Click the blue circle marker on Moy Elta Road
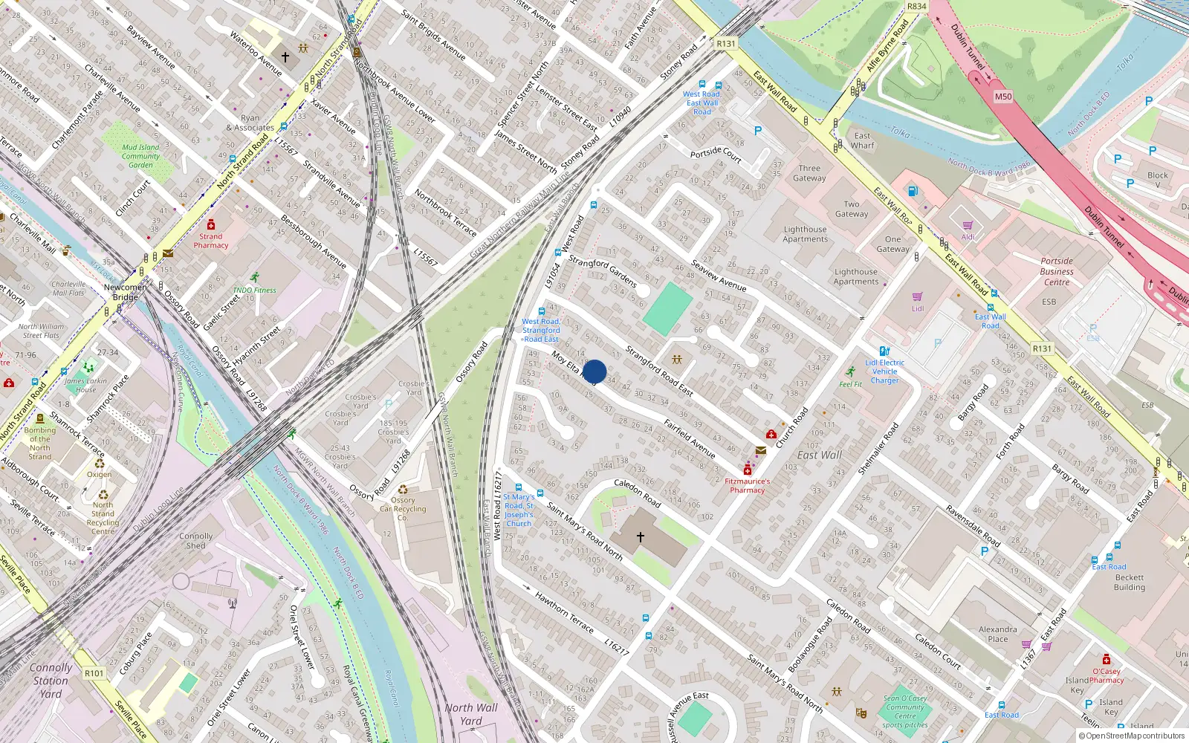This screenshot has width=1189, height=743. click(x=594, y=371)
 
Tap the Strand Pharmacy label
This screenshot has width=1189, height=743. click(x=211, y=241)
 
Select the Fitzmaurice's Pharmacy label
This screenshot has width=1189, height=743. click(x=748, y=485)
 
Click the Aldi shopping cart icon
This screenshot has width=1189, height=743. click(x=968, y=225)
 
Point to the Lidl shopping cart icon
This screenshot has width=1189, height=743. click(x=918, y=296)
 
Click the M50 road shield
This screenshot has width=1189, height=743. click(x=1003, y=97)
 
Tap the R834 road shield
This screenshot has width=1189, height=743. click(x=917, y=7)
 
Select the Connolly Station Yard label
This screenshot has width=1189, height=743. click(x=51, y=681)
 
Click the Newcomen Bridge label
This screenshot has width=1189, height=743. click(x=125, y=292)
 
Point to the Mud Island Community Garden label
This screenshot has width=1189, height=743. click(x=140, y=156)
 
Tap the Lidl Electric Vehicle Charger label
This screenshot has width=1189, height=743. click(x=884, y=371)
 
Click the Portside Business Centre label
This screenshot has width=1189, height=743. click(x=1057, y=271)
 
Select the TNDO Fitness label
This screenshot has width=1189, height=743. click(x=254, y=291)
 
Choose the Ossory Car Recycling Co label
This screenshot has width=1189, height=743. click(x=403, y=509)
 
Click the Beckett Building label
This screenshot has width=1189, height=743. click(x=1130, y=582)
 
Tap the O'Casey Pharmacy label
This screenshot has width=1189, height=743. click(x=1107, y=675)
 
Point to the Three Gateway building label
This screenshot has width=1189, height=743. click(x=809, y=173)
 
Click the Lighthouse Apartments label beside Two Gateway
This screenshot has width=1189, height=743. click(x=805, y=234)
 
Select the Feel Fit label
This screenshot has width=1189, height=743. click(x=851, y=384)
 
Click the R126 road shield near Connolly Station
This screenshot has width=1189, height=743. click(x=94, y=673)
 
